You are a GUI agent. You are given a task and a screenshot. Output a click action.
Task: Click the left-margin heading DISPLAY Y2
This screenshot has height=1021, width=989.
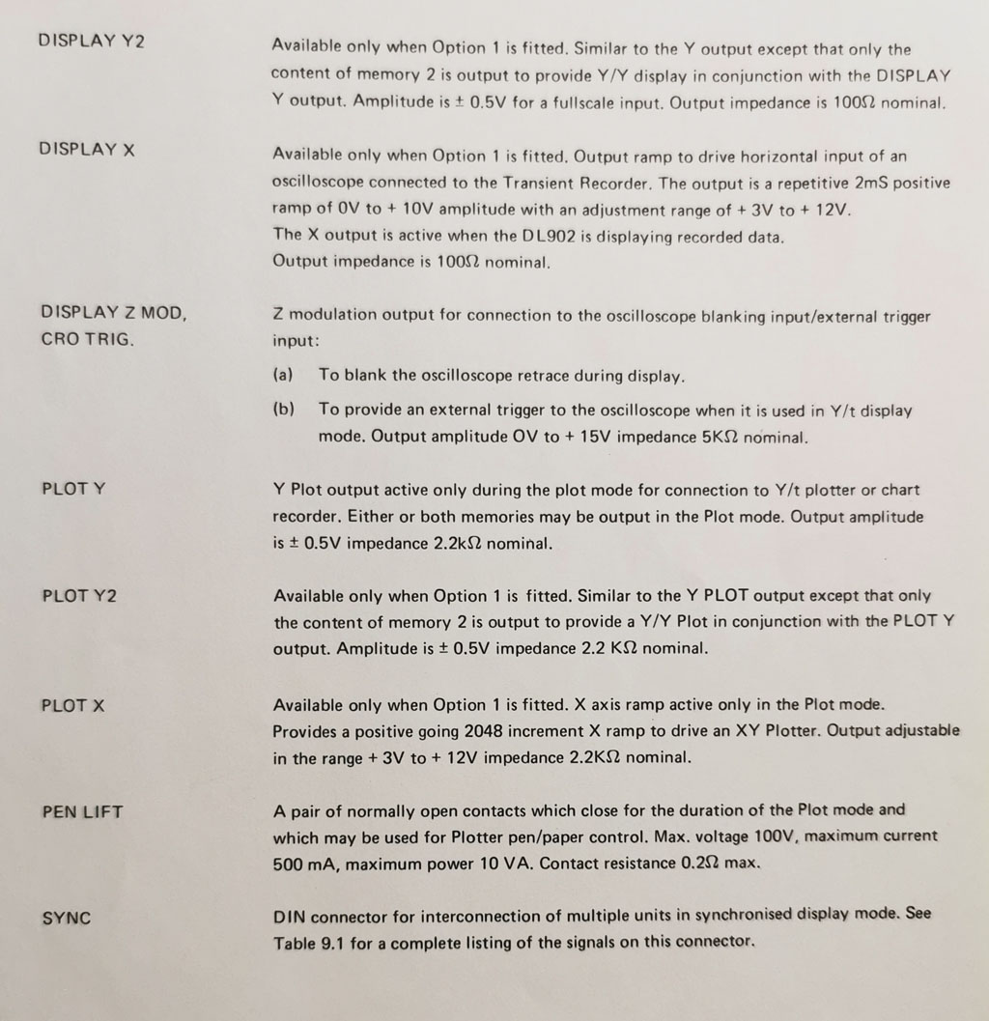point(91,41)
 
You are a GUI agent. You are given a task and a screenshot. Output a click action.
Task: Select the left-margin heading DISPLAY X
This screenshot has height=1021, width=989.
point(87,150)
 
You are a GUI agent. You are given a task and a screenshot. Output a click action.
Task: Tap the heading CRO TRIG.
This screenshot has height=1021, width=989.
point(87,340)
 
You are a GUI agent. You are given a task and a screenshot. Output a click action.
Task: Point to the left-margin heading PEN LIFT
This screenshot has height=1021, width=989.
point(82,812)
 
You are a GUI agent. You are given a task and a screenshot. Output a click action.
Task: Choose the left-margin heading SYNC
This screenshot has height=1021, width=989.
point(67,919)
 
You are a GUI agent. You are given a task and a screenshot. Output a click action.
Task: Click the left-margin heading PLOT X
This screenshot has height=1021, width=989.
point(73,706)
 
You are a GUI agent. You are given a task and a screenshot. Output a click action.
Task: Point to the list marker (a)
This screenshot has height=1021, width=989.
point(283,375)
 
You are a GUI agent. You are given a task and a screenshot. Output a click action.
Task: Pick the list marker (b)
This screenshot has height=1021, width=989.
point(284,410)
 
